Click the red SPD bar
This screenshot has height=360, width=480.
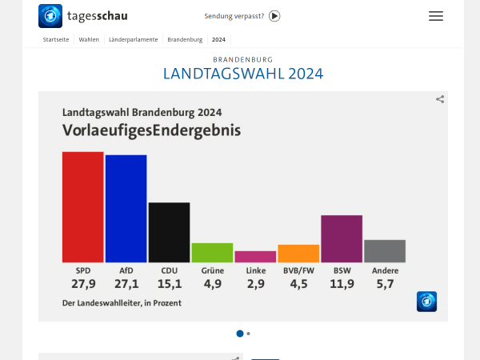[x=82, y=207]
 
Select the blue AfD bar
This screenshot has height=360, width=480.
[x=126, y=209]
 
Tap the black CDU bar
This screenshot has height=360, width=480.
[x=169, y=232]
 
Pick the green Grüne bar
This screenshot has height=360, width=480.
[x=212, y=253]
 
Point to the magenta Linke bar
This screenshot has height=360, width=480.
[x=255, y=257]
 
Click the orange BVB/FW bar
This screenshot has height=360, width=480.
[x=298, y=254]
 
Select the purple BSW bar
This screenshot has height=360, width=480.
[x=342, y=238]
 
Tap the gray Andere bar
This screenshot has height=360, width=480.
[x=385, y=251]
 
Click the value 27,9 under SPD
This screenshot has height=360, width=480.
[x=82, y=284]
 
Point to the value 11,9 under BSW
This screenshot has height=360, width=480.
[x=342, y=284]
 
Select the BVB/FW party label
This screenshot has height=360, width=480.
[x=298, y=270]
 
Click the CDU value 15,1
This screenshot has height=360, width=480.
[x=169, y=284]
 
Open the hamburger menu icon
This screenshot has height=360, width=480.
[x=435, y=16]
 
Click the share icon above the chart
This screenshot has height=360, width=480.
[x=440, y=99]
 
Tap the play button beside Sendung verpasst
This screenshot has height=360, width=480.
[x=274, y=16]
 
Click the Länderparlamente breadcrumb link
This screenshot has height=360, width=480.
[x=134, y=39]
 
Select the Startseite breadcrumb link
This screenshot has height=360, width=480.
[x=56, y=39]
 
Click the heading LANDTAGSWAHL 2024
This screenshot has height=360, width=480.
[x=243, y=74]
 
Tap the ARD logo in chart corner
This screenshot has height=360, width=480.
[x=426, y=302]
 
